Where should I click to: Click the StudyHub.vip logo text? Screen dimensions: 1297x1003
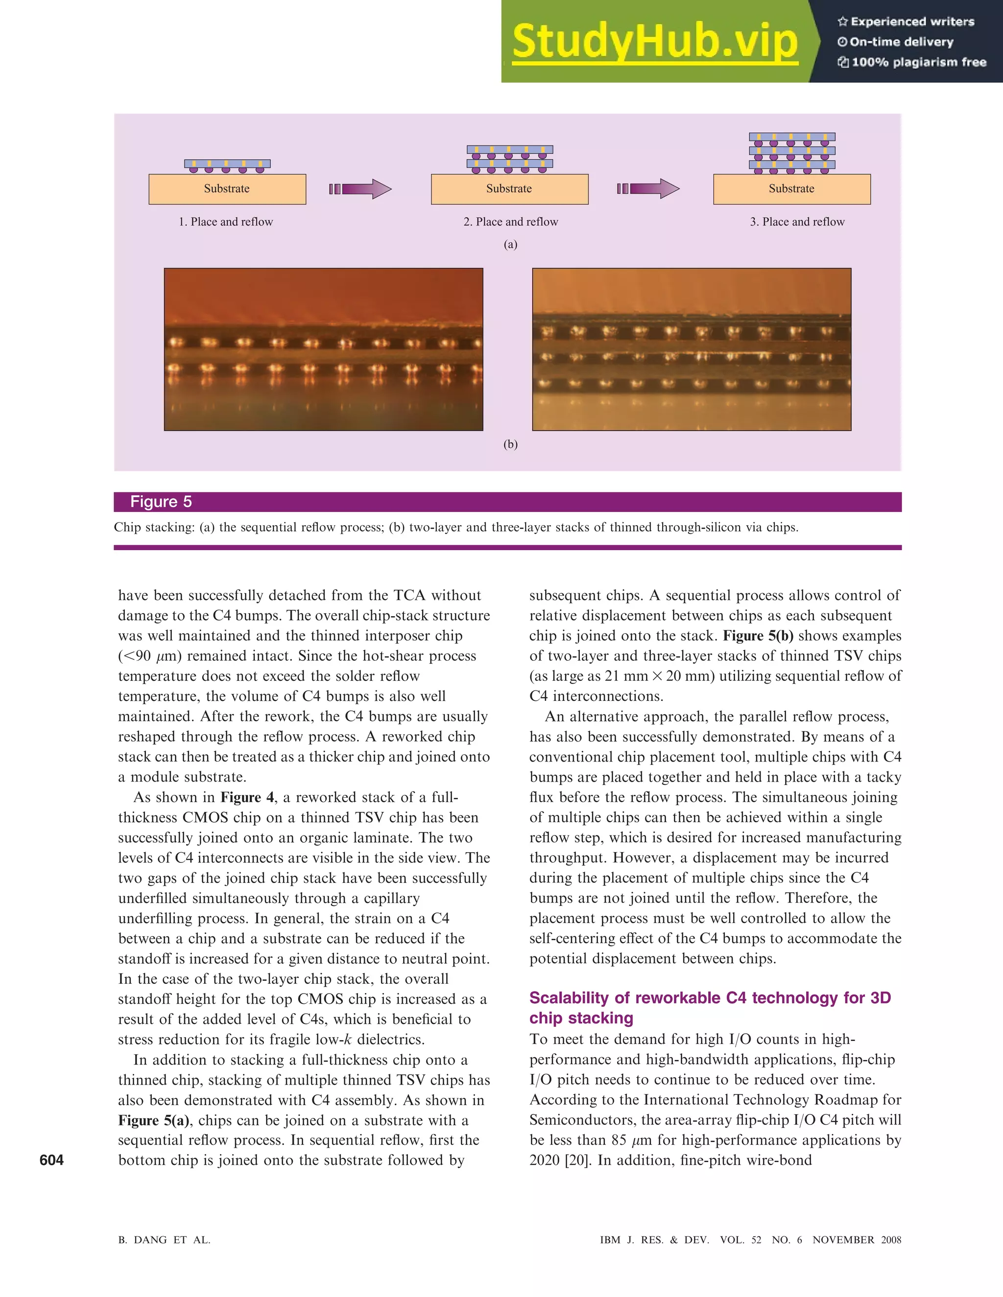(x=654, y=42)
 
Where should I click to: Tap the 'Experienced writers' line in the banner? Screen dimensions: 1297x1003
(x=906, y=22)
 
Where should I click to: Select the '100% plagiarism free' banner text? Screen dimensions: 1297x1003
(x=912, y=62)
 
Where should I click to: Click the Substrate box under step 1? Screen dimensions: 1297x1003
(x=227, y=189)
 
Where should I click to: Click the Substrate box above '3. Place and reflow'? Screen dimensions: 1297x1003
(x=791, y=189)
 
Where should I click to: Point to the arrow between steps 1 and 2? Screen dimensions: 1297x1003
(x=360, y=189)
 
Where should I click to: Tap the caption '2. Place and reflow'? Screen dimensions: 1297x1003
(x=510, y=222)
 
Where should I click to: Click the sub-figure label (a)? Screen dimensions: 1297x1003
(x=510, y=244)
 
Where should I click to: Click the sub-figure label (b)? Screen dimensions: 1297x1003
(x=510, y=444)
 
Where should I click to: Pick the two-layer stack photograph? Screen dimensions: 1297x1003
(x=323, y=349)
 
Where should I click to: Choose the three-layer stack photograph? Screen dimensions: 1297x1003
(x=691, y=349)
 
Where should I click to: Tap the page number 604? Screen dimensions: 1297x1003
(x=52, y=1160)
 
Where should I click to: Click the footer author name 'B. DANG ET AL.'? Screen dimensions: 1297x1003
(x=164, y=1240)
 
